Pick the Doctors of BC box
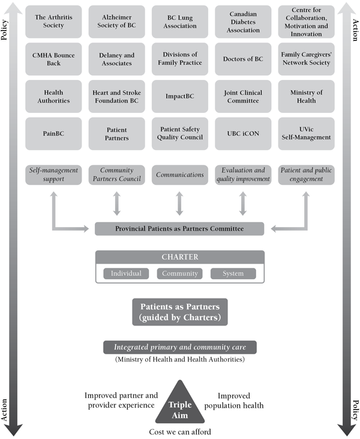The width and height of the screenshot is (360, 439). tap(243, 59)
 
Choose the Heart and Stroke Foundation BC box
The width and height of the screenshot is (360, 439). tap(117, 96)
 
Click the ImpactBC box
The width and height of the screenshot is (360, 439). tap(180, 96)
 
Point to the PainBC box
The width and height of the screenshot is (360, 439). tap(53, 133)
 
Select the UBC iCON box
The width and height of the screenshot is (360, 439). tap(243, 133)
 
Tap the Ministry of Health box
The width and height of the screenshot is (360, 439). tap(307, 96)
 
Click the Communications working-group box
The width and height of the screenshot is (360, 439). tap(180, 175)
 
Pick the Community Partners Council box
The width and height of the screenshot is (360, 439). tap(117, 175)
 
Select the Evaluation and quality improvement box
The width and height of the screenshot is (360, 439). tap(243, 175)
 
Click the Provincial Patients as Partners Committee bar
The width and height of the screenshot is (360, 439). tap(179, 229)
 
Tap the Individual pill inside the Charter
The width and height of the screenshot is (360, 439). tap(126, 274)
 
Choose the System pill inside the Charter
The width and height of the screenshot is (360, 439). tap(233, 274)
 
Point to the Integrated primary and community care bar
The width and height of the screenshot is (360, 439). tap(180, 347)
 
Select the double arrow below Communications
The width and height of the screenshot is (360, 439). tap(180, 204)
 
